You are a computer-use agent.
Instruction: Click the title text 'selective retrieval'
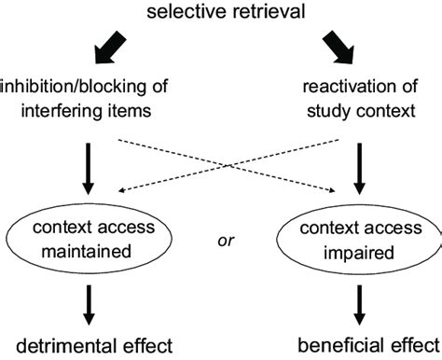pyautogui.click(x=221, y=11)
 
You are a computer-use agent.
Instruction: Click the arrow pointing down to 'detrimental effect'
pyautogui.click(x=85, y=302)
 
